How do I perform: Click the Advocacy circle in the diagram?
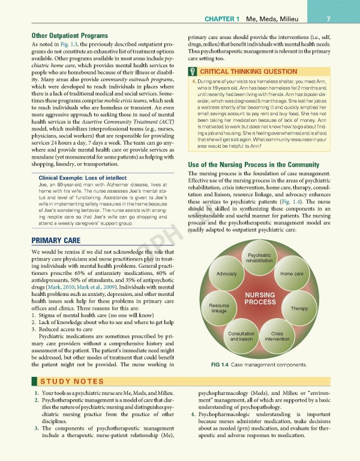[226, 274]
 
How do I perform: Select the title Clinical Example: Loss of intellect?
[77, 178]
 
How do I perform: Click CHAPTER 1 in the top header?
[239, 17]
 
